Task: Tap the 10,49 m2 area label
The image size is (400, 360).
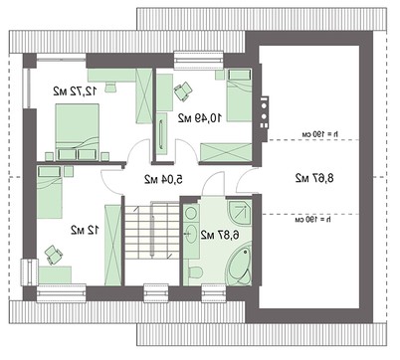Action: point(197,117)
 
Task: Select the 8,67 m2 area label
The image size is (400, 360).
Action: point(313,178)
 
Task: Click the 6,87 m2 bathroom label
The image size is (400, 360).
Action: point(218,235)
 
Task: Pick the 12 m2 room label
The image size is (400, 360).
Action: point(79,230)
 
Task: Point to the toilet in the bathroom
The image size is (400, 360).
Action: point(197,271)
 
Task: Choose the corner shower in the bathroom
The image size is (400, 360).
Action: point(238,215)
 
